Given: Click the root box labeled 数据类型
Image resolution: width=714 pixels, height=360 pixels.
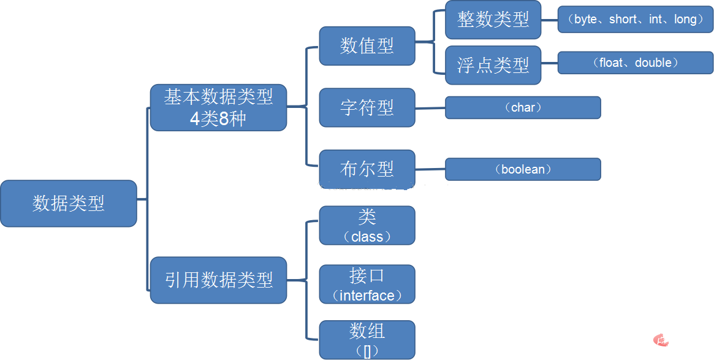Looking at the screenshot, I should point(68,204).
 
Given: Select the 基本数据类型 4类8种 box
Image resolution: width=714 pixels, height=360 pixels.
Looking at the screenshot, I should point(218,107).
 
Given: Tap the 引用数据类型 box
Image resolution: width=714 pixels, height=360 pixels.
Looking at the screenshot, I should point(218,280).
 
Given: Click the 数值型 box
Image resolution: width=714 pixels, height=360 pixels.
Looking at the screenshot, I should point(366,46).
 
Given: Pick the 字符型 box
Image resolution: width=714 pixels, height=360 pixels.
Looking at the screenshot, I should point(366,107).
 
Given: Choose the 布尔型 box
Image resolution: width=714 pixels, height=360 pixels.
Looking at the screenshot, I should point(366,169).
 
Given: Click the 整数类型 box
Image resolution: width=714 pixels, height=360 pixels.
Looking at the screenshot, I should point(493,20).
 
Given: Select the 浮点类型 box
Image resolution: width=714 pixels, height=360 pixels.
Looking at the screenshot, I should point(493,65).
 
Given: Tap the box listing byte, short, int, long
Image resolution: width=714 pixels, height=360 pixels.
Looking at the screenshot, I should point(635,20).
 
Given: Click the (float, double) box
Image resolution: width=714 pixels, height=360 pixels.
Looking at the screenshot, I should point(635,63).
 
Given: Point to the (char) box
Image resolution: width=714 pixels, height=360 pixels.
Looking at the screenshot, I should point(522,107).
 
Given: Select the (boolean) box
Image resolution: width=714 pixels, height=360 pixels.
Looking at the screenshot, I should point(522,169).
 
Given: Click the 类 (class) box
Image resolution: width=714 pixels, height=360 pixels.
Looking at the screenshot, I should point(366,226).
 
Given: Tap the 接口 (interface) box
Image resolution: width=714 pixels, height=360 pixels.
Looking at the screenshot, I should point(366,285).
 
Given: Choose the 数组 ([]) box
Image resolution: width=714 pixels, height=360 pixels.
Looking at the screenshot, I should point(366,340).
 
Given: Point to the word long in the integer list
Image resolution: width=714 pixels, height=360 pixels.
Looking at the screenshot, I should point(685,20).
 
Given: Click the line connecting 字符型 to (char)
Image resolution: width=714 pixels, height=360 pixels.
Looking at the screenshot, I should point(430,108).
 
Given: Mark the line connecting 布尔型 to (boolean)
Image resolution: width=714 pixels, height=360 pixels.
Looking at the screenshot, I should point(430,169).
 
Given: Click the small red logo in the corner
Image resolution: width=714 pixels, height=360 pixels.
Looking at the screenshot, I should point(661,339).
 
